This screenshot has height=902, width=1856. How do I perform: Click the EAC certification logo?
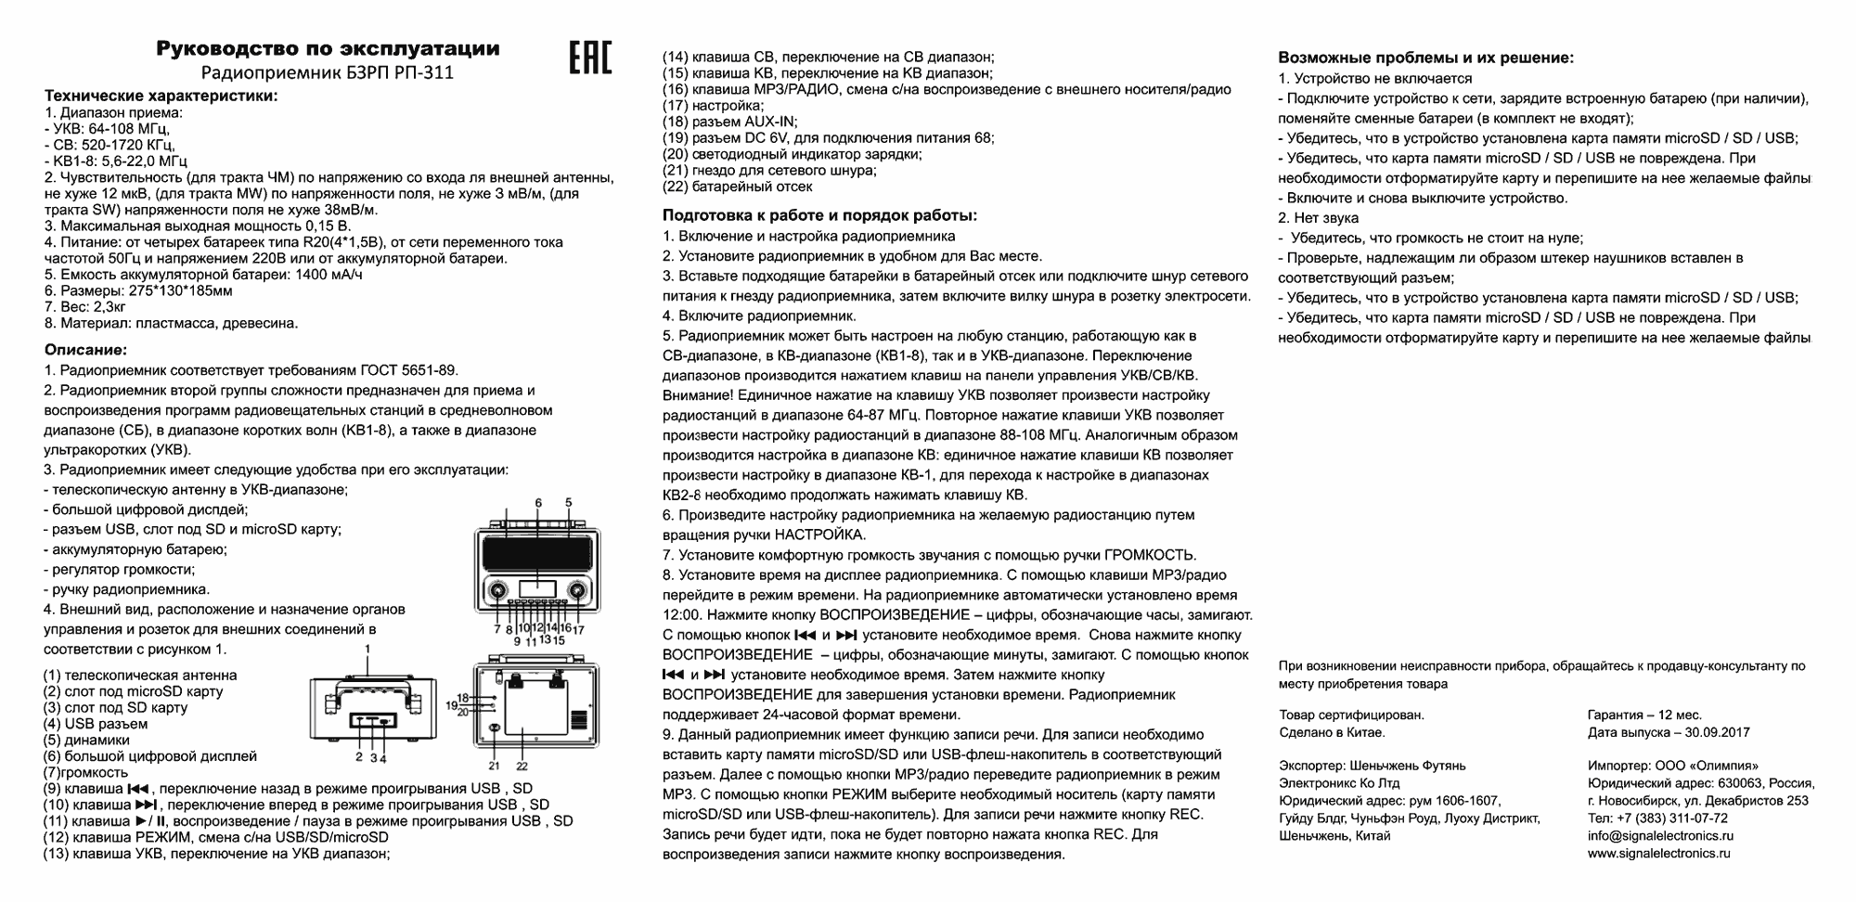(589, 57)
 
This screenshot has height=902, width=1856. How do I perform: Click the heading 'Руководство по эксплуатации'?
(328, 48)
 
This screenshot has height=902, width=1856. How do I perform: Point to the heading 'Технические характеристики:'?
(161, 96)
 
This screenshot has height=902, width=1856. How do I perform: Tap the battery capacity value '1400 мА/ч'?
(328, 275)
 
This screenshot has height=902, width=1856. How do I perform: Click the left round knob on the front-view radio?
(497, 591)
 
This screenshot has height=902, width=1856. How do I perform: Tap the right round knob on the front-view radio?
(579, 591)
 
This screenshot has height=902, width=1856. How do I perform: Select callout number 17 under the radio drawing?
(578, 629)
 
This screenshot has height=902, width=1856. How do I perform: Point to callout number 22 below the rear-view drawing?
(522, 766)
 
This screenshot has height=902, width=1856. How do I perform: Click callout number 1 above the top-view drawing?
(367, 649)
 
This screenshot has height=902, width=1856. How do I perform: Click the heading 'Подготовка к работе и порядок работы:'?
(819, 215)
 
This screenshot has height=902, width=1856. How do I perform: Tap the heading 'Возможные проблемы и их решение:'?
(1425, 58)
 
